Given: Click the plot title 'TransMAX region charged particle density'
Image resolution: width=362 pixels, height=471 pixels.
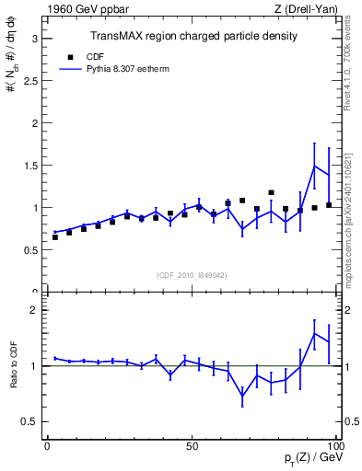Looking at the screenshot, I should [x=193, y=36].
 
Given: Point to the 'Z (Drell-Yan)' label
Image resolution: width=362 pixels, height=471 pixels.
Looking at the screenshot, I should [x=313, y=8].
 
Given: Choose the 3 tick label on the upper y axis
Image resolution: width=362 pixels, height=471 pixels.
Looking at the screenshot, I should [x=34, y=39].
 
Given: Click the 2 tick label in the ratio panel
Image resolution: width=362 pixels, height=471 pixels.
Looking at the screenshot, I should [x=34, y=310].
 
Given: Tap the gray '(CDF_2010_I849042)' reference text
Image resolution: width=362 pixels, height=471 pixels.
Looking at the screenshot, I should [x=192, y=273].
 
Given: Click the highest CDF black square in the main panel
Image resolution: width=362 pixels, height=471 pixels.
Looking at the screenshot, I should [x=271, y=193].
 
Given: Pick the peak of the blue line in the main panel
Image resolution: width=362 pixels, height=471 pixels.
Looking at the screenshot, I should [x=315, y=167].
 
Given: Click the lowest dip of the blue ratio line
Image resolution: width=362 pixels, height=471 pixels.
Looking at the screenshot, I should [x=242, y=396].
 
